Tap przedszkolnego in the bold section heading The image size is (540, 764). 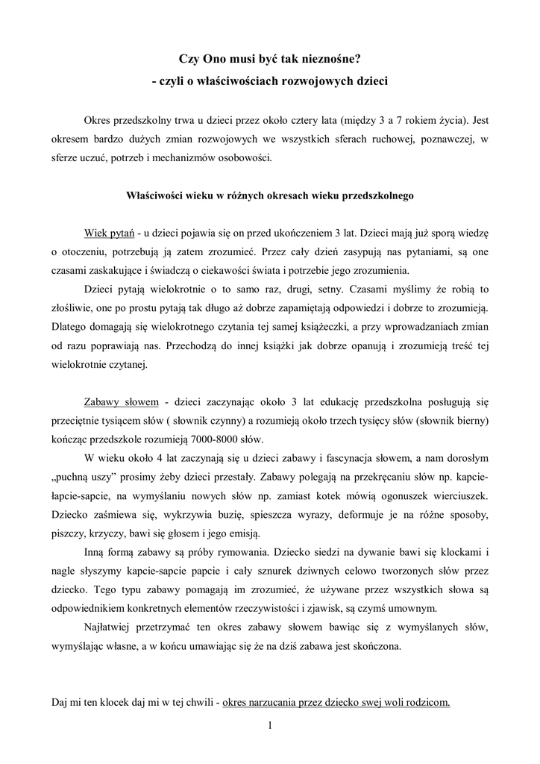point(376,197)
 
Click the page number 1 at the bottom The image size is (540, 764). point(269,724)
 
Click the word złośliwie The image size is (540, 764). point(77,308)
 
